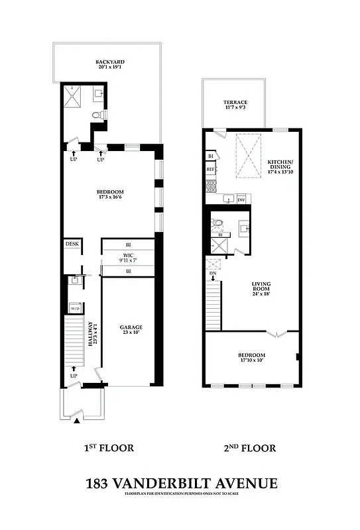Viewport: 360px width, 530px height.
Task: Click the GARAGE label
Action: pos(131,327)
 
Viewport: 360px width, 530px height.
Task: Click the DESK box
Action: pos(72,244)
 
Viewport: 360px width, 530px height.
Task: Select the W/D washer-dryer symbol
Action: pos(75,308)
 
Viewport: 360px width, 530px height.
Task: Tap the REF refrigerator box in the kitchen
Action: pos(211,170)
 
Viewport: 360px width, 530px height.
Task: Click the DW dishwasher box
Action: pos(241,199)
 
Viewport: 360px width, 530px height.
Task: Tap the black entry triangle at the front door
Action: pos(78,421)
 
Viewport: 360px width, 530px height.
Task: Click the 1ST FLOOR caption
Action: pos(109,449)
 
